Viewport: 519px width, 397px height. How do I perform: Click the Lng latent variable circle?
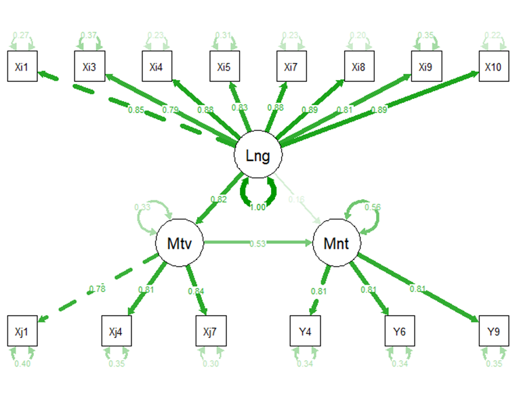(257, 156)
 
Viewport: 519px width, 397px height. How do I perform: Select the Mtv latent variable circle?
(180, 242)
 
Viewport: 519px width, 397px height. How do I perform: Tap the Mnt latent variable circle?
(336, 242)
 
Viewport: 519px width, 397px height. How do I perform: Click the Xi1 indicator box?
(22, 67)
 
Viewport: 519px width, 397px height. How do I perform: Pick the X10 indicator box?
(494, 67)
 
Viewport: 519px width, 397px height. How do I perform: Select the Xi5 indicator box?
(224, 67)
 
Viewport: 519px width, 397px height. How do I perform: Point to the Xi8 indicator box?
(359, 67)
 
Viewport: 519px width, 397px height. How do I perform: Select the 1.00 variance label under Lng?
(257, 207)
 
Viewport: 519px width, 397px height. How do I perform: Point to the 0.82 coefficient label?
(219, 199)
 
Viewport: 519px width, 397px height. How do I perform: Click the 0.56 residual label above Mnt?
(371, 207)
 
